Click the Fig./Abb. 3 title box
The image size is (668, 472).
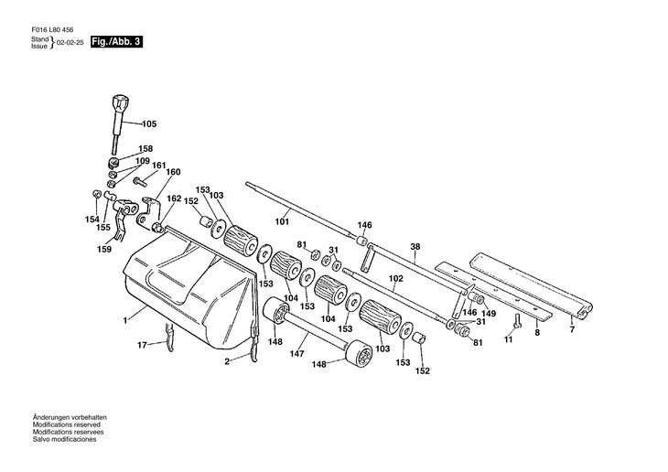click(116, 42)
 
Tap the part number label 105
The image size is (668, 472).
click(149, 124)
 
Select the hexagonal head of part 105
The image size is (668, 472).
click(118, 103)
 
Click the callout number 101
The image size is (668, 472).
click(282, 221)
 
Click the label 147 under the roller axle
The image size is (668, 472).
click(296, 354)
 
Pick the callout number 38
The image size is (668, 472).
click(415, 246)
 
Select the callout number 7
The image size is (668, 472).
click(572, 329)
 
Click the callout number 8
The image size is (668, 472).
click(537, 332)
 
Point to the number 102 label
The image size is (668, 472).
click(396, 279)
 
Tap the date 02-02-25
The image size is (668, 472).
click(70, 43)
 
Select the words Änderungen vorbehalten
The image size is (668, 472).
click(70, 417)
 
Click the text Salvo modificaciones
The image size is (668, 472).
click(64, 439)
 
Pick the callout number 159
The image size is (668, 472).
click(104, 249)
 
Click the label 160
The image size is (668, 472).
click(173, 172)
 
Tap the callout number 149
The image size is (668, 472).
click(489, 314)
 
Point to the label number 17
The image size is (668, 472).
click(142, 345)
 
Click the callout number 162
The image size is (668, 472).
click(174, 198)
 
